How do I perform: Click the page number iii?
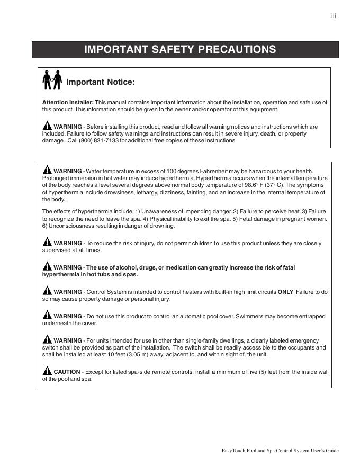(x=334, y=16)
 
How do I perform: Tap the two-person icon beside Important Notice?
(x=52, y=79)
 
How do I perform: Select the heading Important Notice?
(x=101, y=82)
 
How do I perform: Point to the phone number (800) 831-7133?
(x=99, y=141)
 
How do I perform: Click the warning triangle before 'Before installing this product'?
(x=47, y=126)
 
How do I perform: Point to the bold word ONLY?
(x=286, y=292)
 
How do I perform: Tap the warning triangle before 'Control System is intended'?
(x=47, y=291)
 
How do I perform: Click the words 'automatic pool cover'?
(x=203, y=316)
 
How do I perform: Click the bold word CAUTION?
(x=67, y=372)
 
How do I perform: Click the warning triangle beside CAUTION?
(x=47, y=371)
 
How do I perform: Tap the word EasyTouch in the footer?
(x=233, y=451)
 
